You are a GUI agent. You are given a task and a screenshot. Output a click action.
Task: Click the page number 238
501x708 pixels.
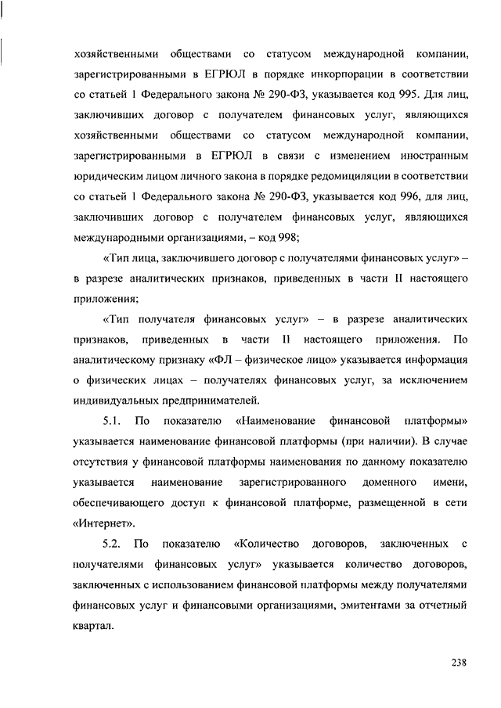458,663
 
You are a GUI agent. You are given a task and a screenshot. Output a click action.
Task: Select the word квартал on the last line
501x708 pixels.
93,625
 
